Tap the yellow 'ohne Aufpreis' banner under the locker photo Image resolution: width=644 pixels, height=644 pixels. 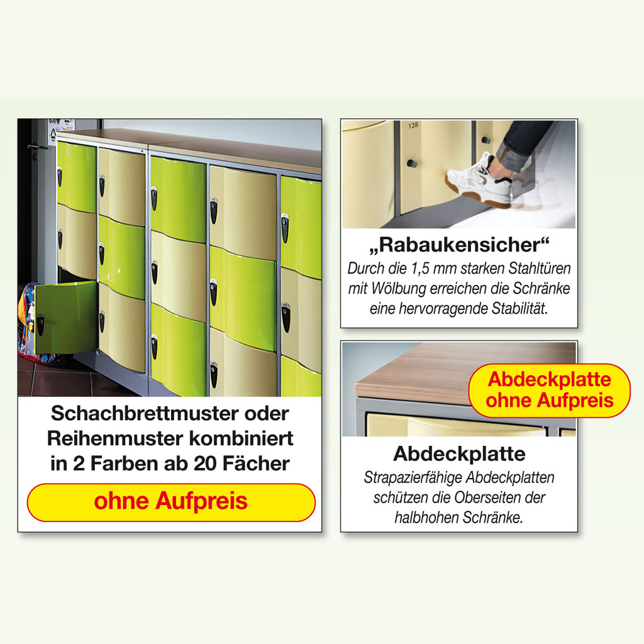coord(171,502)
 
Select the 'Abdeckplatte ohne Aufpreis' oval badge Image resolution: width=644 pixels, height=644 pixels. coord(549,390)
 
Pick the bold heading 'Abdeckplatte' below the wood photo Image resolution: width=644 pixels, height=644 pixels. coord(459,453)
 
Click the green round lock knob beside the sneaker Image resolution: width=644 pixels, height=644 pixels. coord(412,164)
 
